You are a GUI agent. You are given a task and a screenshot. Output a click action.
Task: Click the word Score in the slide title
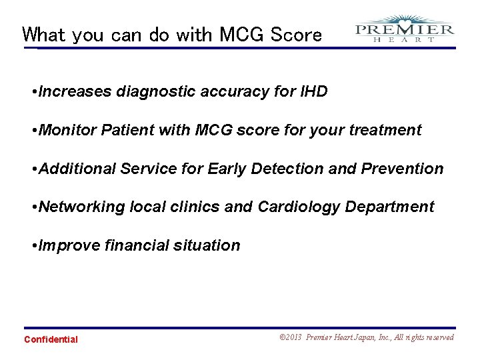click(x=297, y=34)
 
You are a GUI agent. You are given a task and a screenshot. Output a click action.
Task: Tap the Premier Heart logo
click(x=404, y=29)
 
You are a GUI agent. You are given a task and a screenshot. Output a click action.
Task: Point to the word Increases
click(x=75, y=91)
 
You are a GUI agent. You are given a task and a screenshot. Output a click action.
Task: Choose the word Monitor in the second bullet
click(x=68, y=130)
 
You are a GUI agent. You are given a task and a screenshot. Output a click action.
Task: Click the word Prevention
click(x=402, y=169)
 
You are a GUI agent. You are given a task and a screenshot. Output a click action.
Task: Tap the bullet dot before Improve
click(x=34, y=246)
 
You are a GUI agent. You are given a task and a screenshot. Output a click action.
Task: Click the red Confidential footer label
click(x=51, y=339)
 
